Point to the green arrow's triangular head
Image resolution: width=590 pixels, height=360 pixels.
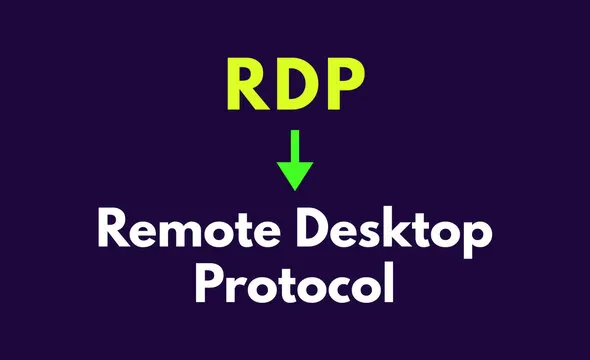point(295,174)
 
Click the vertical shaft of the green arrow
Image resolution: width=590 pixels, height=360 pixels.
point(295,145)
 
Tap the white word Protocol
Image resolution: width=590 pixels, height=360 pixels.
point(295,284)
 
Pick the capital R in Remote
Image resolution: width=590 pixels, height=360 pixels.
point(114,236)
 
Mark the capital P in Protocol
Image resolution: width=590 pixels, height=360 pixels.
point(209,284)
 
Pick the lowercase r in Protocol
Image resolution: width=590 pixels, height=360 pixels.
point(236,288)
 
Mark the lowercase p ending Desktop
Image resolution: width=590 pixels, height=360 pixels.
point(478,244)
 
